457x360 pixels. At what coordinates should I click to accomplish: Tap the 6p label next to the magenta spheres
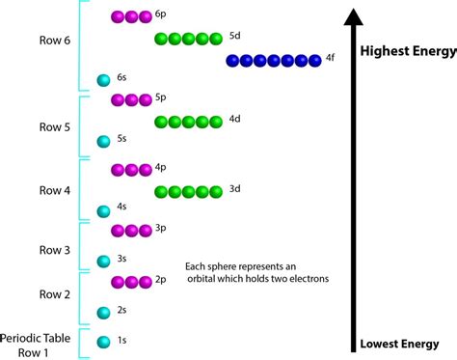147,16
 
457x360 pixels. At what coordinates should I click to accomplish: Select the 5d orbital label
235,37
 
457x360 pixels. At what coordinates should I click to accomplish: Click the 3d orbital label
235,190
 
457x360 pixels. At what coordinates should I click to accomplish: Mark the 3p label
147,230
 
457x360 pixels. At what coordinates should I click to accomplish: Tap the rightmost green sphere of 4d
216,122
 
